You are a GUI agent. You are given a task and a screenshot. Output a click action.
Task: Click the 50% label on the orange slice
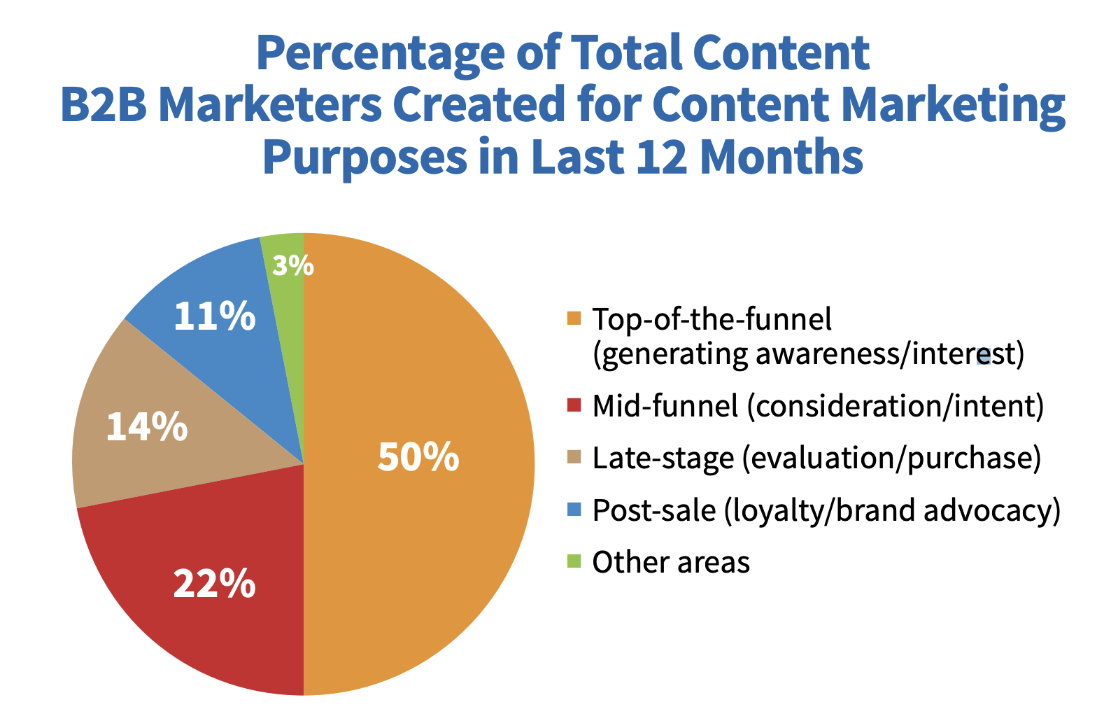[x=418, y=456]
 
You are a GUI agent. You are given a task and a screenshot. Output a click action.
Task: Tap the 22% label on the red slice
[x=214, y=584]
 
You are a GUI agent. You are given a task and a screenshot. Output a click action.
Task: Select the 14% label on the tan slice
[x=147, y=427]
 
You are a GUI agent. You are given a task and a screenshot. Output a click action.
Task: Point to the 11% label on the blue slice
[x=215, y=316]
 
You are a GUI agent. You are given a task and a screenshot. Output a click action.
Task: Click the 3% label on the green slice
[x=293, y=265]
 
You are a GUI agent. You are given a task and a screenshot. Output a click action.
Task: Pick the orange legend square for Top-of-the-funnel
[x=574, y=318]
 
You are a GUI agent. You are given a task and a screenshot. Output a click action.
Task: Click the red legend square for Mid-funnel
[x=574, y=405]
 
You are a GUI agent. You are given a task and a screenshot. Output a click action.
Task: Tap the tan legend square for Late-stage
[x=574, y=456]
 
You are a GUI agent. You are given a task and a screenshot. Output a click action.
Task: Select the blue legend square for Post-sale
[x=574, y=509]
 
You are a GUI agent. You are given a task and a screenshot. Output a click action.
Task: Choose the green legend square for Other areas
[x=574, y=561]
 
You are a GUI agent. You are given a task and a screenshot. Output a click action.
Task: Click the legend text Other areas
[x=671, y=562]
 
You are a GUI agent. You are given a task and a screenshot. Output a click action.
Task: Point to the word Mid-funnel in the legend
[x=665, y=406]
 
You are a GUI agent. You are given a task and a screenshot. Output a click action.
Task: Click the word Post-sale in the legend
[x=654, y=510]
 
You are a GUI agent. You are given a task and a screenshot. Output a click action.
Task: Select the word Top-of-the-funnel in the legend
[x=712, y=318]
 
